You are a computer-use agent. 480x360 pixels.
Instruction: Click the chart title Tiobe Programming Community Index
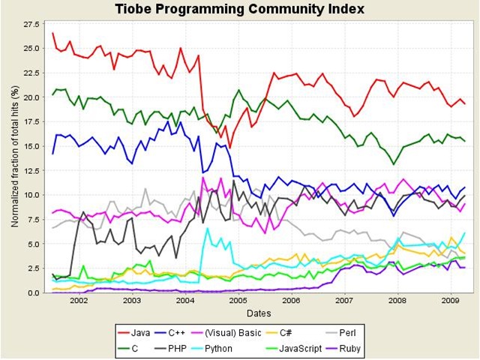pyautogui.click(x=240, y=9)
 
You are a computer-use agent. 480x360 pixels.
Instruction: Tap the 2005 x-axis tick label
pyautogui.click(x=238, y=301)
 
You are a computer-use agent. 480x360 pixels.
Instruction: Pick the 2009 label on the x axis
pyautogui.click(x=450, y=301)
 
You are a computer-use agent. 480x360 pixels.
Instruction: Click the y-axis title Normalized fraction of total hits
pyautogui.click(x=15, y=157)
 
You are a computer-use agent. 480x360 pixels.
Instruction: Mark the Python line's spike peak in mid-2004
pyautogui.click(x=207, y=228)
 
